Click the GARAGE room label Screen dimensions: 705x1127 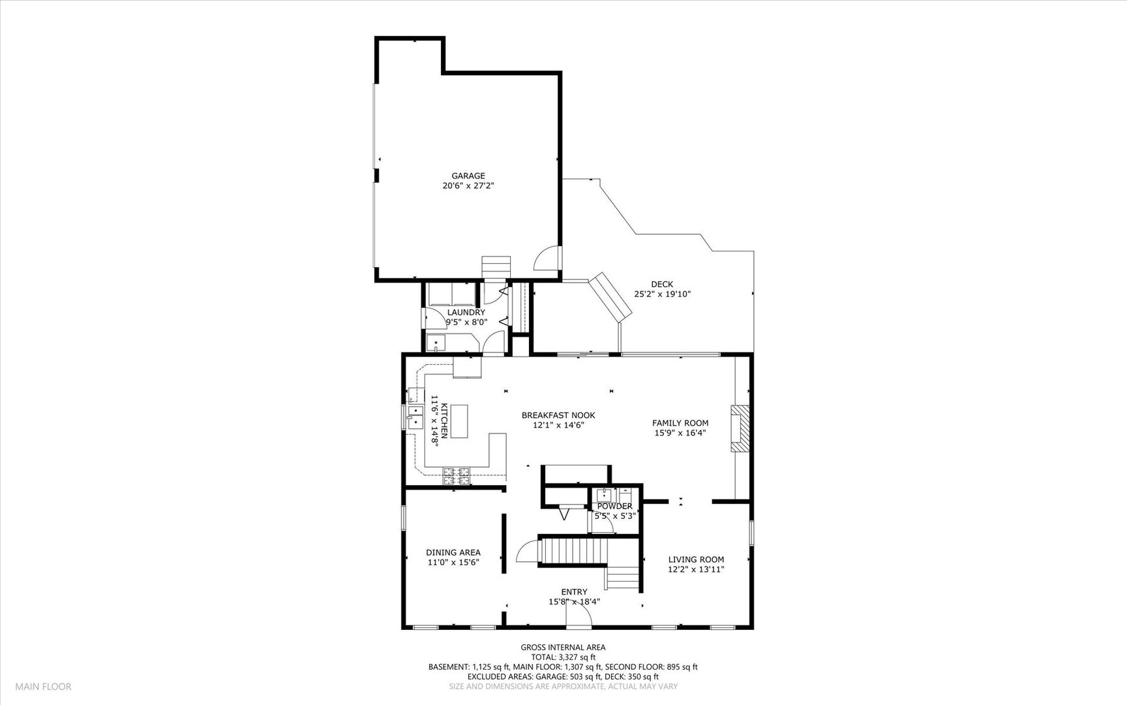point(468,176)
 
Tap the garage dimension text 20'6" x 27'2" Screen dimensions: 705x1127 point(468,186)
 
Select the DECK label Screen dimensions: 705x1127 point(662,284)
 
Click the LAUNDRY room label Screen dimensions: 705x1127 point(466,312)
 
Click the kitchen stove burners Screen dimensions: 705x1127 point(457,476)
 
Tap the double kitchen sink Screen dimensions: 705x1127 point(414,417)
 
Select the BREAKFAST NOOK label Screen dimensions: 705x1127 point(558,415)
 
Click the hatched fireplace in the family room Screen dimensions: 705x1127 point(740,428)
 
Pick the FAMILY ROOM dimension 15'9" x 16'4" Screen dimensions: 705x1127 point(680,433)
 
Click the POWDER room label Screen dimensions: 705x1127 point(614,506)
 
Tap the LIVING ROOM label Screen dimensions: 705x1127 point(696,559)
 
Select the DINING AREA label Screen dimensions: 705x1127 point(453,552)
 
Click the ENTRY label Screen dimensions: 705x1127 point(574,592)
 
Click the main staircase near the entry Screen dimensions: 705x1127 point(574,552)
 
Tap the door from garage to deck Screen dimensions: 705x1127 point(547,258)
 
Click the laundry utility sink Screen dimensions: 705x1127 point(435,343)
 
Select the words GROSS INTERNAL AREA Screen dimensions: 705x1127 point(563,648)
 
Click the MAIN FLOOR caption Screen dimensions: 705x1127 point(44,686)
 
